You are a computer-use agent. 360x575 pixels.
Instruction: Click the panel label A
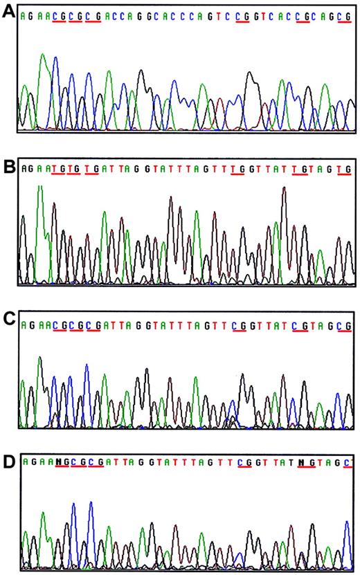9,15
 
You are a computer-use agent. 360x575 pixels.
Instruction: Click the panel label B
9,168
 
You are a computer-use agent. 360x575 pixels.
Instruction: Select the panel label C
9,324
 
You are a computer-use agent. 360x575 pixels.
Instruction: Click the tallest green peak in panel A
43,55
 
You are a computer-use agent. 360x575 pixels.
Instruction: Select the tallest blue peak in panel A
55,59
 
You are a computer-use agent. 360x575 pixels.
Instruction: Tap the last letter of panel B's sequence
348,169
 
